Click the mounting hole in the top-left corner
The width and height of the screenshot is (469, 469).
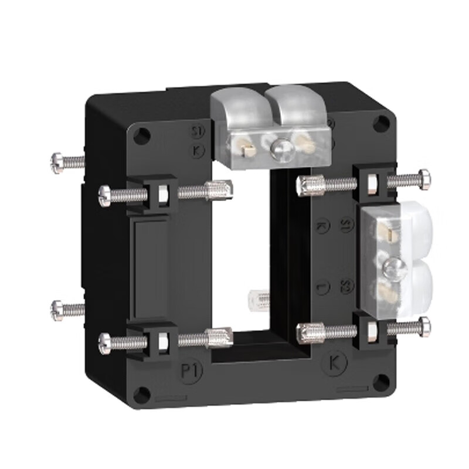pyautogui.click(x=140, y=136)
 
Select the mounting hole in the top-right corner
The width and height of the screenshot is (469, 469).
pyautogui.click(x=382, y=123)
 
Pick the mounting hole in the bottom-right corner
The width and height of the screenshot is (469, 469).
pyautogui.click(x=380, y=382)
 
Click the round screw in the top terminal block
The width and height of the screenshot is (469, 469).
pyautogui.click(x=280, y=147)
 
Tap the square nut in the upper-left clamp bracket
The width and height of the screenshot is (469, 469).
pyautogui.click(x=162, y=192)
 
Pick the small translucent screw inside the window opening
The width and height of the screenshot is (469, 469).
pyautogui.click(x=260, y=298)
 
